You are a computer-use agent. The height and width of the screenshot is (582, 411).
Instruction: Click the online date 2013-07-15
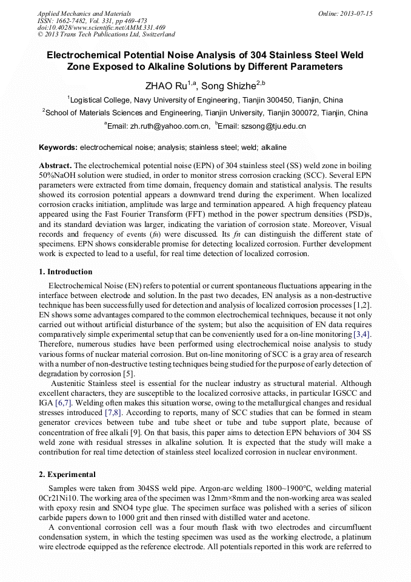358,13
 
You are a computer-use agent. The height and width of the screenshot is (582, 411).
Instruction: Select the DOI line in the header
101,28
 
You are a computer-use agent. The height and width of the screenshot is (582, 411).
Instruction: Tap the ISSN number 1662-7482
73,21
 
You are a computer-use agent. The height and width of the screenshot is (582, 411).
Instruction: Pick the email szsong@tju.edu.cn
272,126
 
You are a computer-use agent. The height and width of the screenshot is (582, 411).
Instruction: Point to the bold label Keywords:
58,147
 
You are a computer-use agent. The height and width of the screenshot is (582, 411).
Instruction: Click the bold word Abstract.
55,166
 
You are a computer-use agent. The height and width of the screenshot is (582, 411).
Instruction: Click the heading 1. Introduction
65,272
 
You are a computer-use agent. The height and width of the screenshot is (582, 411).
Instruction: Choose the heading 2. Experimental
67,474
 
